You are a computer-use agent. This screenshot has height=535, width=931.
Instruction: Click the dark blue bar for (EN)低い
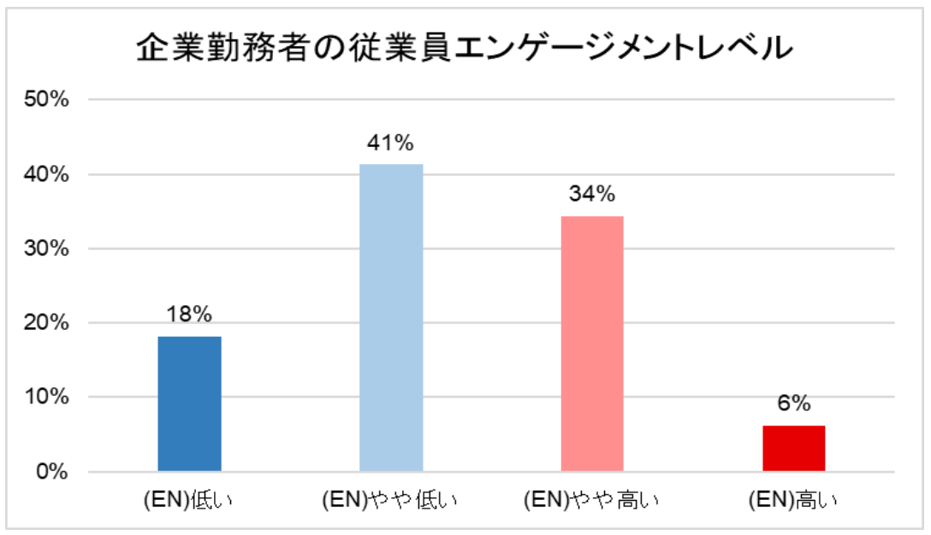tap(190, 403)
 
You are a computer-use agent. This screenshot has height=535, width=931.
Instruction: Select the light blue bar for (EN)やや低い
tap(391, 317)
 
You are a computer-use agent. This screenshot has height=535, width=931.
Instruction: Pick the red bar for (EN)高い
tap(793, 448)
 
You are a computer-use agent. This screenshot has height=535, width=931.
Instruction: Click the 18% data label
tap(190, 314)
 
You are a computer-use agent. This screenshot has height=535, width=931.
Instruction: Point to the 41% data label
tap(391, 142)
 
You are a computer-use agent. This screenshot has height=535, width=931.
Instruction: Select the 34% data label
tap(592, 195)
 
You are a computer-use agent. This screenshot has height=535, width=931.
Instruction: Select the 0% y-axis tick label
tap(52, 472)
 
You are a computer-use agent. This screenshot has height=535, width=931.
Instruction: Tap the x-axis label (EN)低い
tap(190, 499)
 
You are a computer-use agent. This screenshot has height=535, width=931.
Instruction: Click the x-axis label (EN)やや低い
tap(391, 499)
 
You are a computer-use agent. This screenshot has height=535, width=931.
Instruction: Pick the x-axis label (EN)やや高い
tap(592, 499)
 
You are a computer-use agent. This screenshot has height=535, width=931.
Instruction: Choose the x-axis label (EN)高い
tap(793, 499)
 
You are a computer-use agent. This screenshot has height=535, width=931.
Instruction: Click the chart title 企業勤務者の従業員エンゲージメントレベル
tap(465, 48)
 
